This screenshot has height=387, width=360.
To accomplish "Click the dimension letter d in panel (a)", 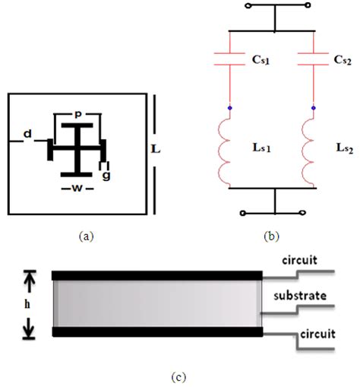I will tap(28, 135).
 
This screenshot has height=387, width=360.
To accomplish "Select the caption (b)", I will tap(271, 236).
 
